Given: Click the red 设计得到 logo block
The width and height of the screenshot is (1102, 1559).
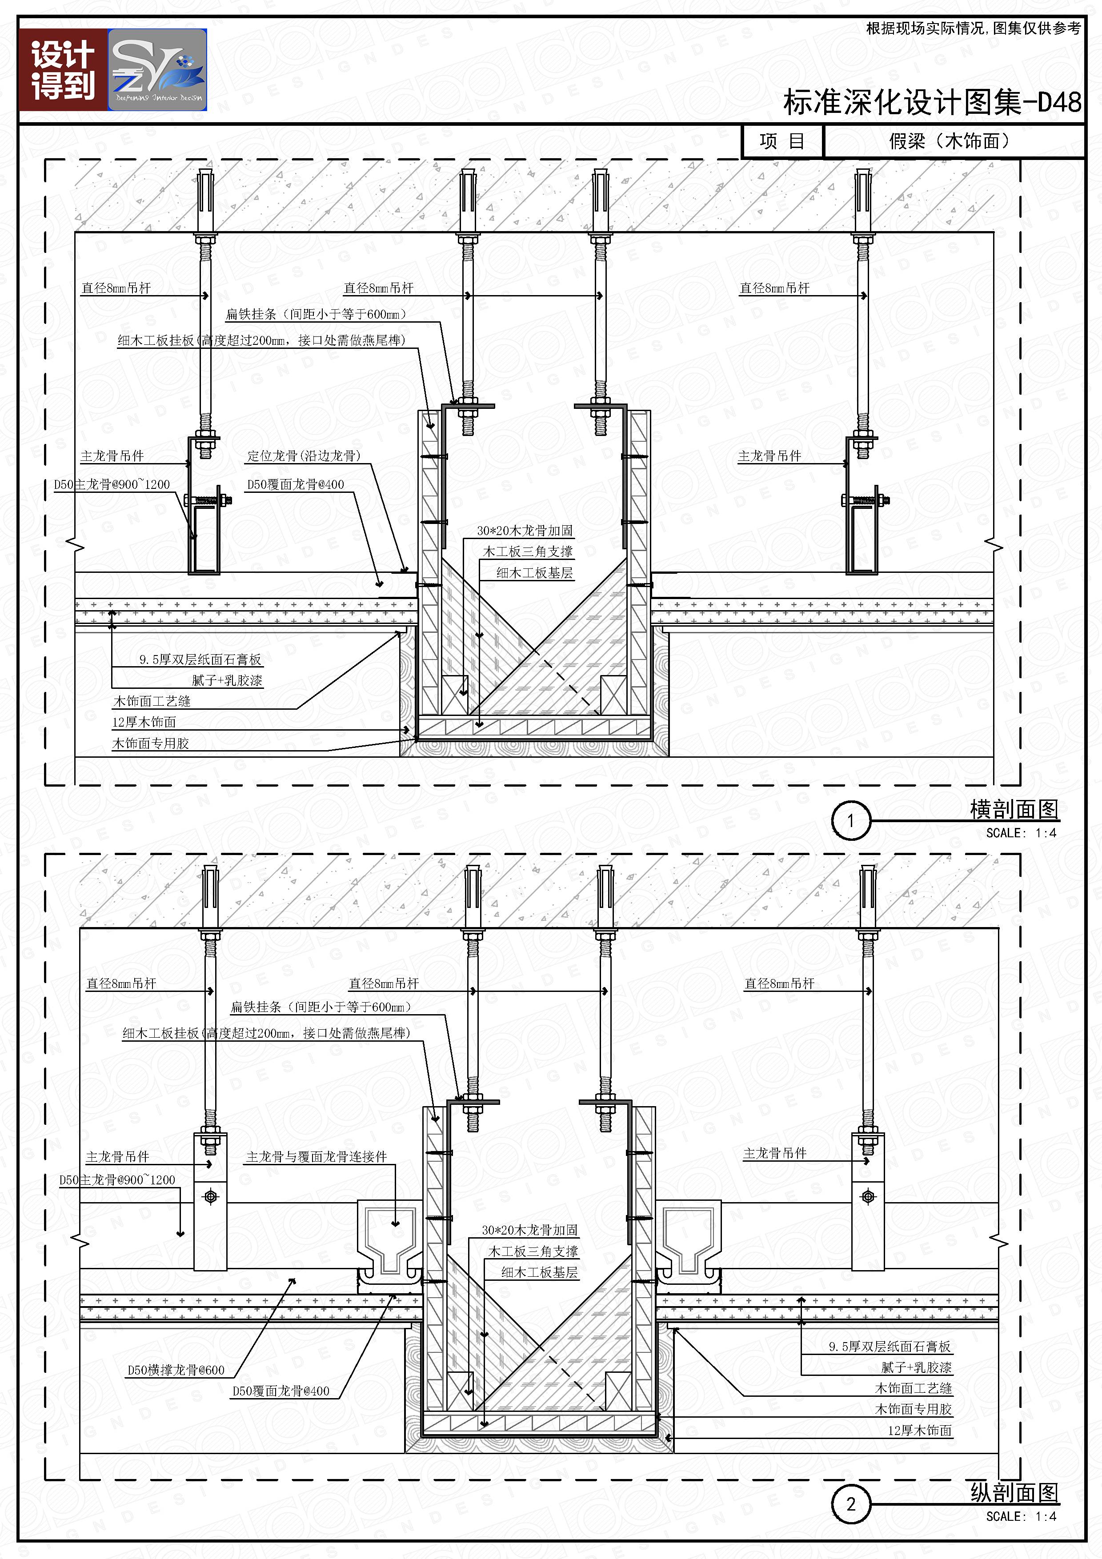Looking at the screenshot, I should [x=63, y=70].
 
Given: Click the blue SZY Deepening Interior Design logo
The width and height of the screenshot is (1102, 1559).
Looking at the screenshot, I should [x=157, y=70].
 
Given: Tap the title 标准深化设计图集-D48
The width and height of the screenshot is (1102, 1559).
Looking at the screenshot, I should [x=932, y=102].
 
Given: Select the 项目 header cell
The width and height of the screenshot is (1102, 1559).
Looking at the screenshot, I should [x=782, y=141].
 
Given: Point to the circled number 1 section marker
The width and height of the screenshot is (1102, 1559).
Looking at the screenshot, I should [x=851, y=821].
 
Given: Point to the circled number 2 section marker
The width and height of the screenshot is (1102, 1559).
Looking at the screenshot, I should [x=851, y=1504].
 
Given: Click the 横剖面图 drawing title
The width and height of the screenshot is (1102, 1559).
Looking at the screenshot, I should [x=1014, y=809].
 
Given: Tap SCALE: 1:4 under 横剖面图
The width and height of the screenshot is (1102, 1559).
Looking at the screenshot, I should [x=1021, y=833].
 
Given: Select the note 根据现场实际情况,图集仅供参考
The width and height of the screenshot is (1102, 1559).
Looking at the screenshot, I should [x=973, y=28].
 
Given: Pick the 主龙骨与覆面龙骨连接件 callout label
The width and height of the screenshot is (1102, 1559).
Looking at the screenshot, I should [x=317, y=1156].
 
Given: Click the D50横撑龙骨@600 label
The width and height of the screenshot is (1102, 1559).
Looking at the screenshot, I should [x=176, y=1370].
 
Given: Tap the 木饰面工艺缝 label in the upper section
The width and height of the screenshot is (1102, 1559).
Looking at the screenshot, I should [x=152, y=701].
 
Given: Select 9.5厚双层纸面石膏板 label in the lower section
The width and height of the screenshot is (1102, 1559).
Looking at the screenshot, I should [x=890, y=1347].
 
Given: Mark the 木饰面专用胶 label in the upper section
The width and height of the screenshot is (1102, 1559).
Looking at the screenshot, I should [x=150, y=744].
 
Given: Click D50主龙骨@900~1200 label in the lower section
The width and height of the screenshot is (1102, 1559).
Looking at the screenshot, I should [x=117, y=1179].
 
